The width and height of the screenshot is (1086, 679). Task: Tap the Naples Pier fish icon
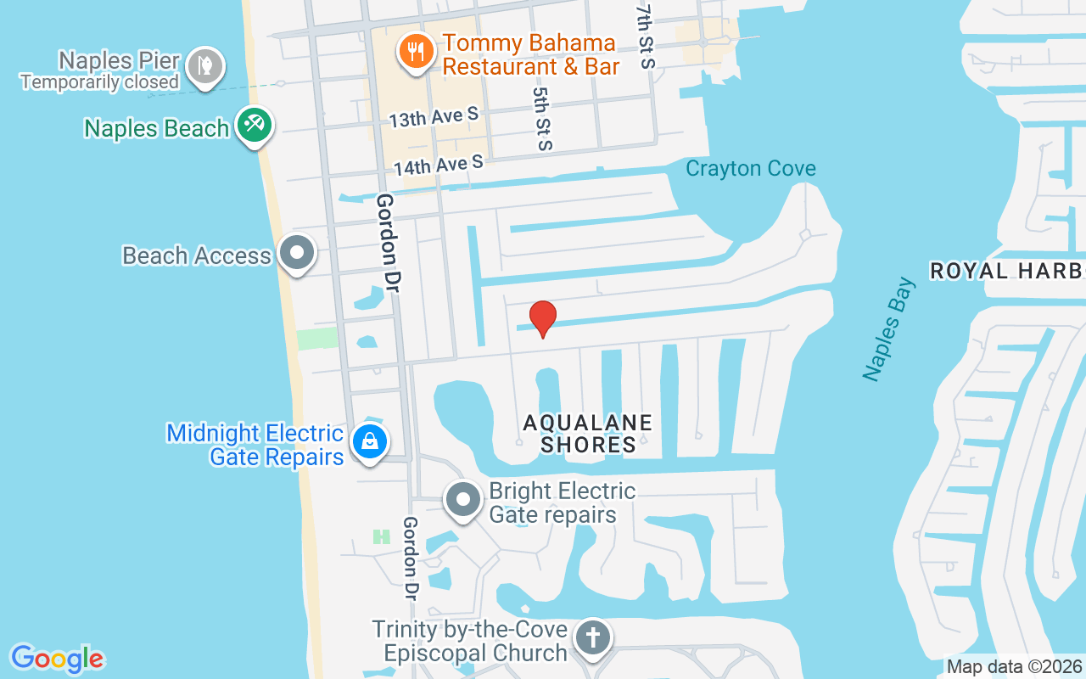pos(204,65)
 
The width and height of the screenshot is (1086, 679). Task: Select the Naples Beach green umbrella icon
pos(253,125)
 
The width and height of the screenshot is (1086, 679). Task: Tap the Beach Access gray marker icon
pos(297,252)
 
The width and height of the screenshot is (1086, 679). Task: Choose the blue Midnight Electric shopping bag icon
pos(370,441)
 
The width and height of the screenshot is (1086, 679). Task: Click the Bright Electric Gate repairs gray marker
pos(463,500)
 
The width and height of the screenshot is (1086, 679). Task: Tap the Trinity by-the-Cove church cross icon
pos(592,637)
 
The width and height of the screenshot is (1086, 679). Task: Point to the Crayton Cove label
pos(750,168)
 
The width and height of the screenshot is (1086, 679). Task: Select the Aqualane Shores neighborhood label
pos(588,433)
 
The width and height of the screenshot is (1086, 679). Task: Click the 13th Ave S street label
pos(434,116)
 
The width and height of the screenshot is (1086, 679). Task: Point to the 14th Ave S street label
pos(438,163)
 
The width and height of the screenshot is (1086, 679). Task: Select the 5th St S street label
pos(542,118)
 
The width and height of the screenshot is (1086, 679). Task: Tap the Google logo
pos(57,659)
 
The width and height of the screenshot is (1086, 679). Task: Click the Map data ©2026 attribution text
pos(1014,666)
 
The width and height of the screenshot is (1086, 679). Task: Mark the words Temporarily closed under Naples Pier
pos(99,82)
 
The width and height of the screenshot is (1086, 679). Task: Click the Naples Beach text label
pos(156,128)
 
